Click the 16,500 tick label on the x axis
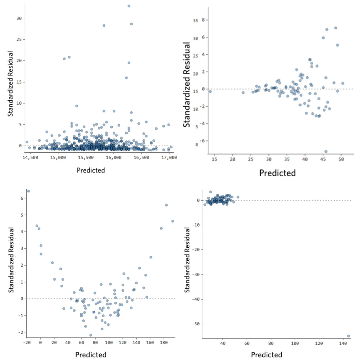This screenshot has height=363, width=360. pos(141,157)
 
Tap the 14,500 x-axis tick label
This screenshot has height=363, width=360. pos(30,157)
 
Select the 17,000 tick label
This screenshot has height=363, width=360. pos(169,157)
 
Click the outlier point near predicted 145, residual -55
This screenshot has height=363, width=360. pos(348,336)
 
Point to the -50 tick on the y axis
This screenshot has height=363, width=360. pos(196,324)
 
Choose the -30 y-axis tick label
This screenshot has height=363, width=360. pos(196,275)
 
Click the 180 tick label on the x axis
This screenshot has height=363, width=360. pos(164,343)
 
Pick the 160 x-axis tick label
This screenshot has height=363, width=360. pos(150,343)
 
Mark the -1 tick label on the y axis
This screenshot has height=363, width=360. pos(21,316)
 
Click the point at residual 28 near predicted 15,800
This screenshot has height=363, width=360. pos(104,25)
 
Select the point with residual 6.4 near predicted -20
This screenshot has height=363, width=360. pos(28,191)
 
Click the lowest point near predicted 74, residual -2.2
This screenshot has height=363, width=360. pos(91,335)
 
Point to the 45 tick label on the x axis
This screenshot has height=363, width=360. pos(323,159)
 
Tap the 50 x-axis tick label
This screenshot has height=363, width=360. pos(341,159)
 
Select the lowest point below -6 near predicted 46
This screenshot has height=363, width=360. pos(326,152)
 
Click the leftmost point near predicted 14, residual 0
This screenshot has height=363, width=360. pos(210,91)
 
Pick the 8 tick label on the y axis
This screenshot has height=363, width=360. pos(203,20)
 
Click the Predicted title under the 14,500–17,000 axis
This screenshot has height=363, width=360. pos(91,170)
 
